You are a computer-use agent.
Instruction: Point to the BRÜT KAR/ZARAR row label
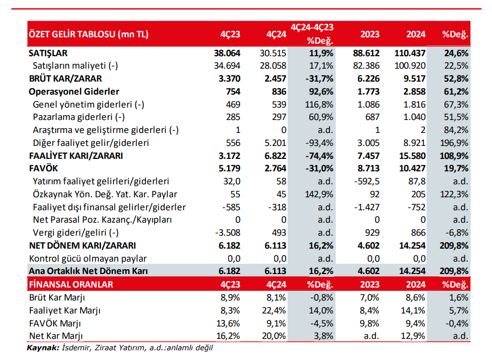pos(63,79)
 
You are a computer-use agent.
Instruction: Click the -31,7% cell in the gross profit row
pos(320,79)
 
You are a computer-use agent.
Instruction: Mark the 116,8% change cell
pos(320,104)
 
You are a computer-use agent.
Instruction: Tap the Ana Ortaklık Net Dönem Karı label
pos(88,271)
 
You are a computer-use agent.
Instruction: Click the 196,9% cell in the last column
pos(454,143)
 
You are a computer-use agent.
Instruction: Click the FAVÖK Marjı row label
pos(56,323)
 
